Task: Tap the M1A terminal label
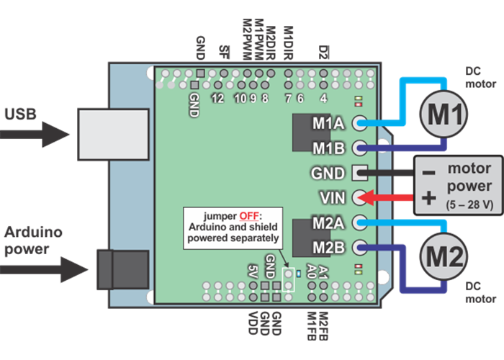click(x=328, y=124)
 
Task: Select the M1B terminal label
click(x=328, y=148)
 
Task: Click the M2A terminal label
click(x=328, y=222)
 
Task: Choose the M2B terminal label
click(x=328, y=247)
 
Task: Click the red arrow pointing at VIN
click(x=385, y=197)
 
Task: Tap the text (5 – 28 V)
click(x=469, y=204)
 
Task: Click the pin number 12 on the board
click(x=218, y=98)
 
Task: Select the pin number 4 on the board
click(x=324, y=98)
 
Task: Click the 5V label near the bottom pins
click(x=253, y=271)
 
